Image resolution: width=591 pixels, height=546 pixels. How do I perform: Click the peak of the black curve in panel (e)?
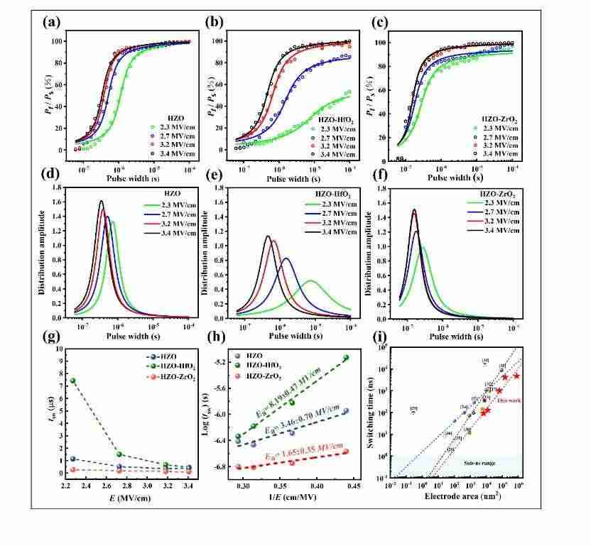point(268,236)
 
